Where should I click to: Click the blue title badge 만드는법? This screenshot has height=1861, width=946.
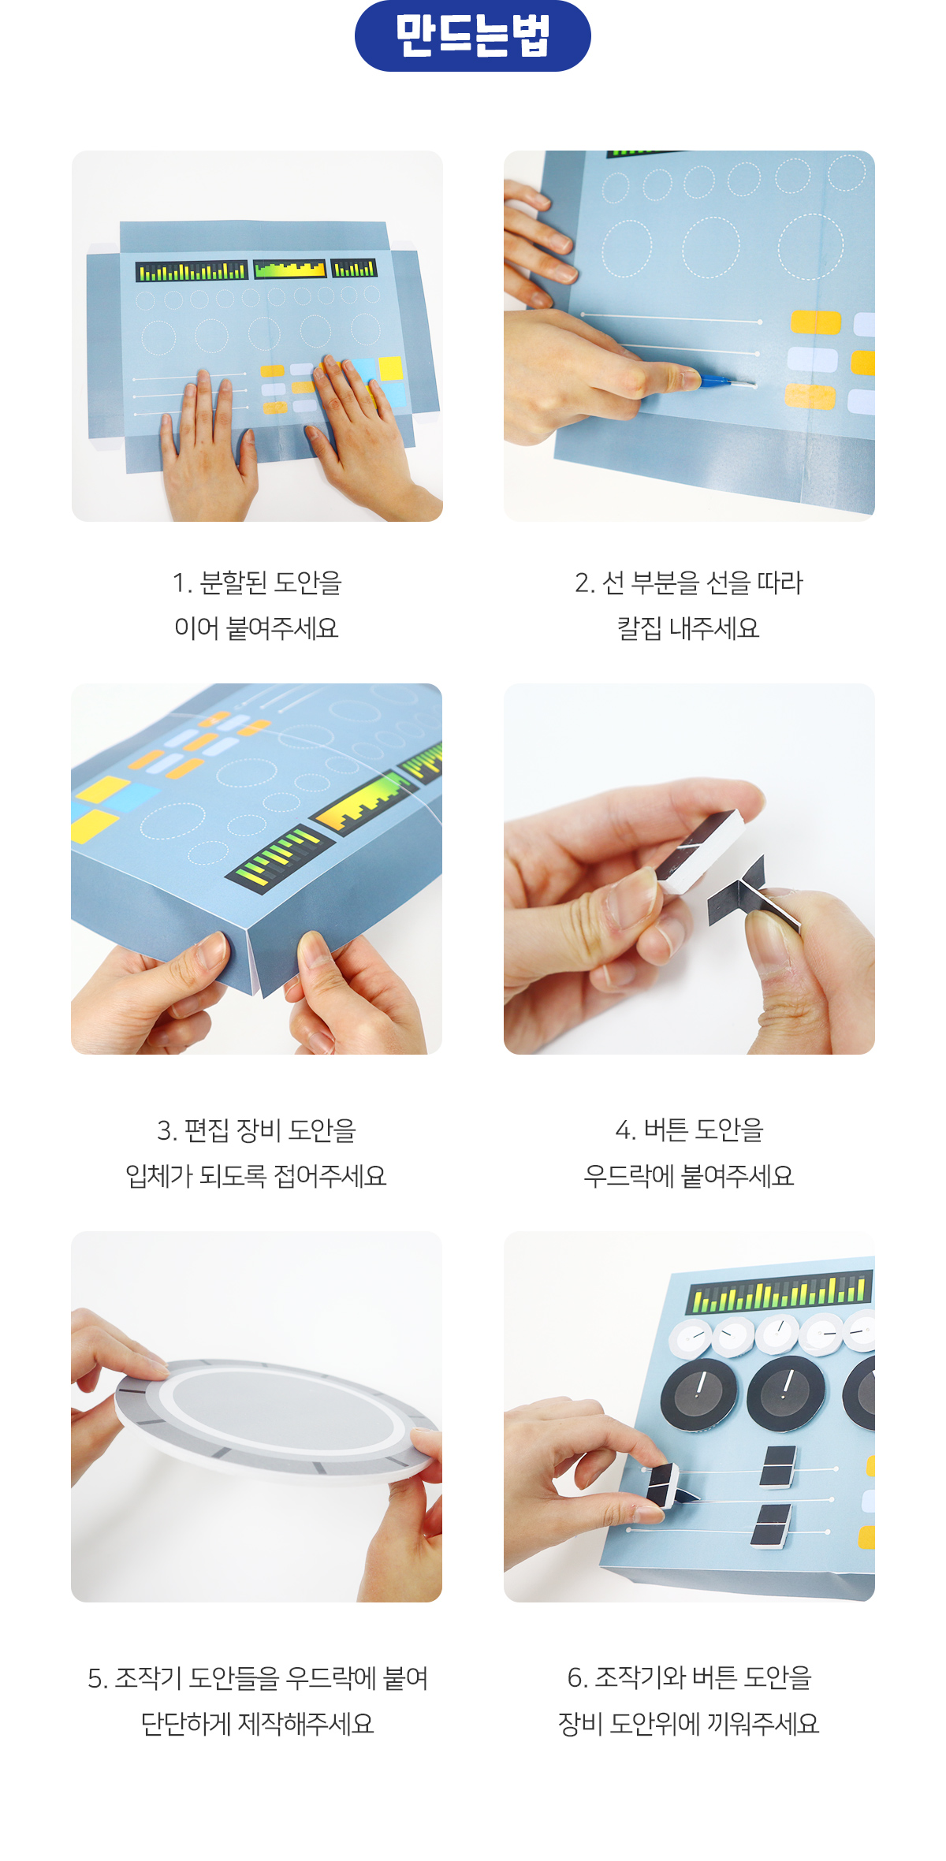pos(473,36)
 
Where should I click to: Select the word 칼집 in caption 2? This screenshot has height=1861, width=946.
pos(639,628)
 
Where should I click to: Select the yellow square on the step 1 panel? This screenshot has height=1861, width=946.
pos(390,368)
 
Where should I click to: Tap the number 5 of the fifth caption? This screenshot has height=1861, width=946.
pos(95,1679)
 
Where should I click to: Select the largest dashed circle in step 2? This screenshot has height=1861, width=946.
pos(810,246)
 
